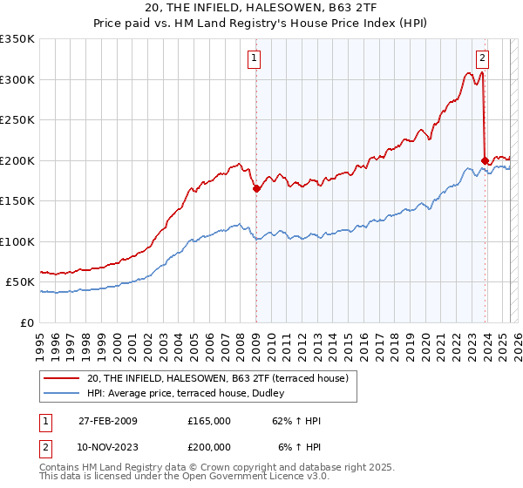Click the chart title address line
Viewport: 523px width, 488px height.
pyautogui.click(x=261, y=9)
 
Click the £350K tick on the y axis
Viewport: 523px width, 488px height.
pyautogui.click(x=17, y=39)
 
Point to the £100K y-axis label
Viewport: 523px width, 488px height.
pyautogui.click(x=17, y=241)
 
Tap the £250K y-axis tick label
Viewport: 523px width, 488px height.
pyautogui.click(x=17, y=120)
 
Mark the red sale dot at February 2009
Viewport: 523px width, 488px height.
pyautogui.click(x=256, y=188)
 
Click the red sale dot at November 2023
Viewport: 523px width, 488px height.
pyautogui.click(x=485, y=160)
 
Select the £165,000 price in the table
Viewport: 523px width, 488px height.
pyautogui.click(x=208, y=421)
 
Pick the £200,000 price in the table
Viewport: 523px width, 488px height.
pyautogui.click(x=208, y=447)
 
